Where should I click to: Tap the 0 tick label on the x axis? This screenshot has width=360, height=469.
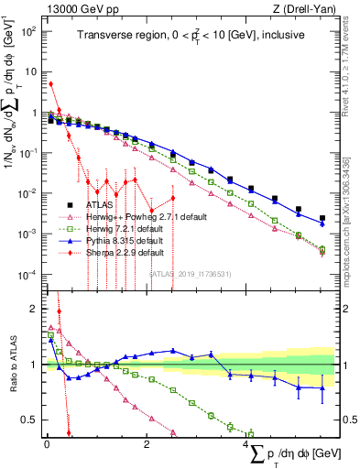[x=47, y=443]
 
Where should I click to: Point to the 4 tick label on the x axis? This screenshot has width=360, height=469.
[x=245, y=443]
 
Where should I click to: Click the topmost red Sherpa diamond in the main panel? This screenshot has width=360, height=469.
[x=51, y=84]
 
